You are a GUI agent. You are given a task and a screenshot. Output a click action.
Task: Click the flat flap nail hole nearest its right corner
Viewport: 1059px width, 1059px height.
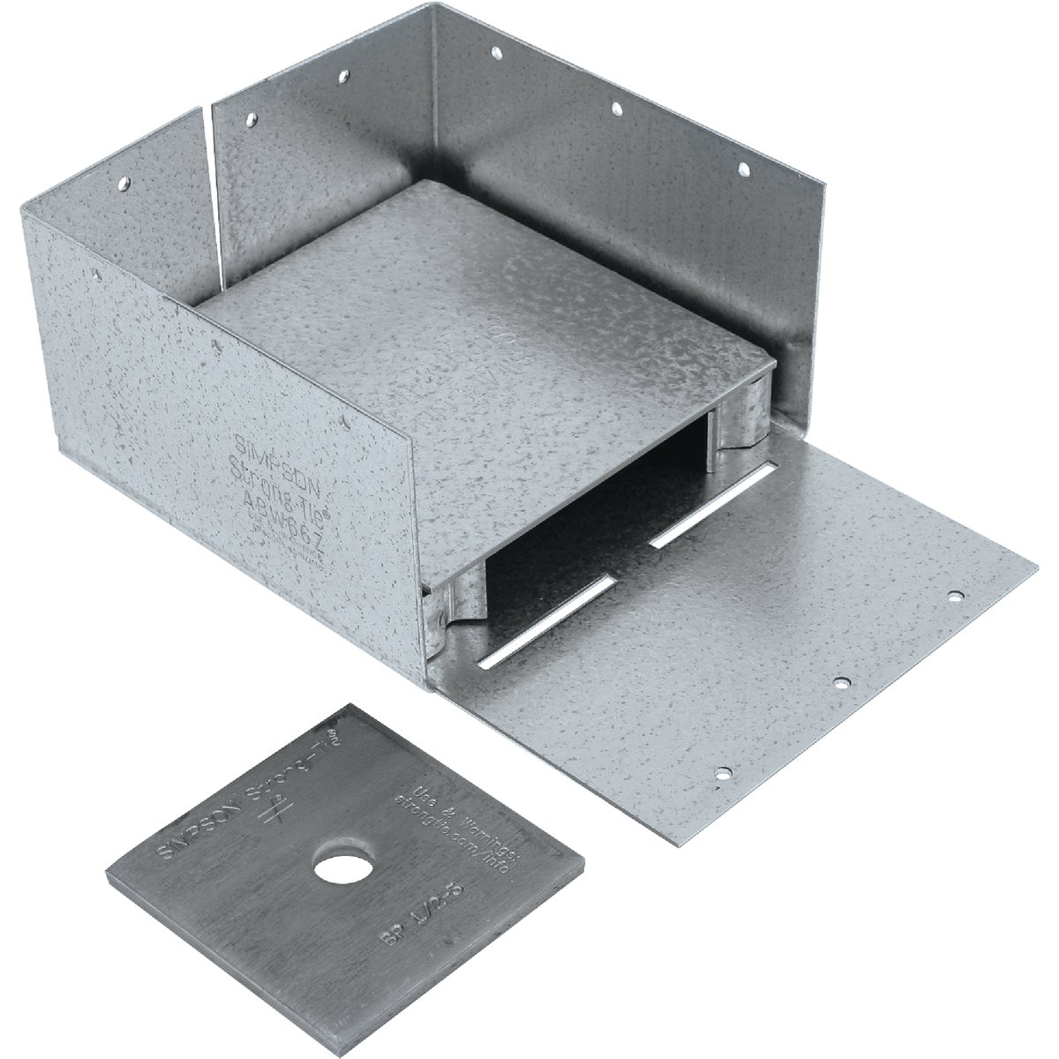tap(955, 597)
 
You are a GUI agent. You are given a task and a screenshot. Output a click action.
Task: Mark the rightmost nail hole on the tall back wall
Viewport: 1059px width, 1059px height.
tap(743, 167)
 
